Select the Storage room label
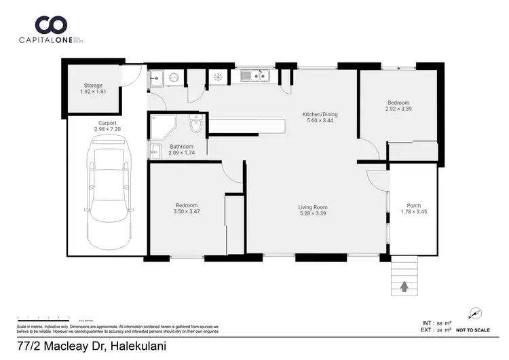93,86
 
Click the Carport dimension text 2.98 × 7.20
107,129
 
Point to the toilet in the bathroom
196,126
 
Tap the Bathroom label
181,147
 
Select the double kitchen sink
258,77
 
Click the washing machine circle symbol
174,78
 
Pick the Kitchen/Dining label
320,114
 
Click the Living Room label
313,207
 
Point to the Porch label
413,206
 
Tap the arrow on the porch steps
404,287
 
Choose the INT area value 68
443,323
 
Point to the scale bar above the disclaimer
44,318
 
